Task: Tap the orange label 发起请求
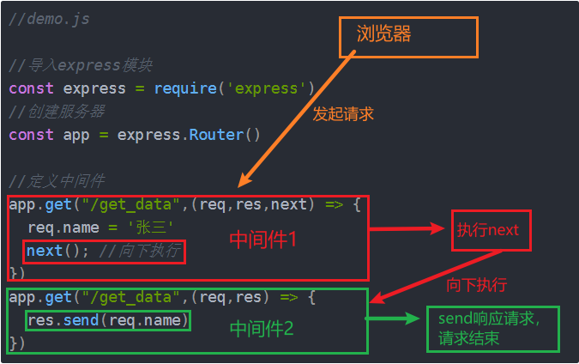343,113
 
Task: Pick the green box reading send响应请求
492,329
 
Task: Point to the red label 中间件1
262,240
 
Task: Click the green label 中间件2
262,328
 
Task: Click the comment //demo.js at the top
49,19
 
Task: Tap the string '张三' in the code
150,227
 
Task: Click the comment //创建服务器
68,112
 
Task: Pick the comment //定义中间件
56,181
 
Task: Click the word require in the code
183,88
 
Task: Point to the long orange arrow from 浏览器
296,120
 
